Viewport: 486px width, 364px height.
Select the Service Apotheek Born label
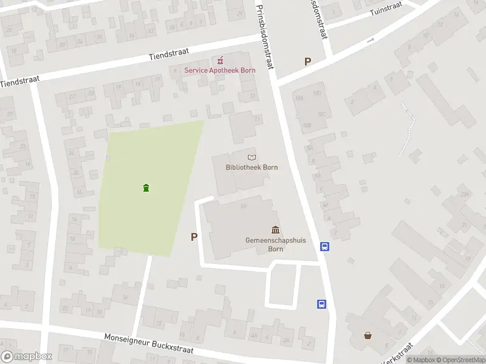220,70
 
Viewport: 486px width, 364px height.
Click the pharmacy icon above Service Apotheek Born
220,60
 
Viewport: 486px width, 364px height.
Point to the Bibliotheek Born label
247,167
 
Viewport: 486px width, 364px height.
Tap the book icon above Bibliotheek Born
252,157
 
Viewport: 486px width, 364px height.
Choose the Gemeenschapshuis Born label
275,244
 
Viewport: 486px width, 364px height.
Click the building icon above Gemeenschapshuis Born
276,229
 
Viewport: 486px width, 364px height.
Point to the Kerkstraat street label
398,354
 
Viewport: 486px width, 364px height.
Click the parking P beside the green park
194,237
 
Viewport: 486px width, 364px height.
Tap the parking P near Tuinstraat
307,61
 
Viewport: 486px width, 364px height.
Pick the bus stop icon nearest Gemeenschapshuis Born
325,246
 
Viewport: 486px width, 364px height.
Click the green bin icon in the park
146,188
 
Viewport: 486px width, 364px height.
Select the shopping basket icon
368,335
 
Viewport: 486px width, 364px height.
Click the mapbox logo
27,357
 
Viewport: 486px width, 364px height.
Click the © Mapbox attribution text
420,360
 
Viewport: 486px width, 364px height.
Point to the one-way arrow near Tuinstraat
371,41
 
